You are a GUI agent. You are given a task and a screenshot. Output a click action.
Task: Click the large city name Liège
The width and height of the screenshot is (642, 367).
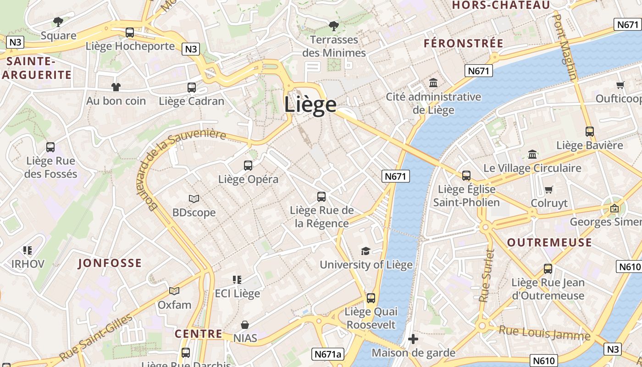click(310, 105)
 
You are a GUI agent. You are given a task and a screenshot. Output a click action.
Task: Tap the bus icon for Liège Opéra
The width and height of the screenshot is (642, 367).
click(248, 166)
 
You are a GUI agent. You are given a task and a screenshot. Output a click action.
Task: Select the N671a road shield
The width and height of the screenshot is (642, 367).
click(328, 354)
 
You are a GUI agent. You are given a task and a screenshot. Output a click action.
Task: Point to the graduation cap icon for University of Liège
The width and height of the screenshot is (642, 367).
click(365, 251)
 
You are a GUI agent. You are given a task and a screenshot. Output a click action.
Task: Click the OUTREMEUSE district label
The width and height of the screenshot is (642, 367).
click(549, 243)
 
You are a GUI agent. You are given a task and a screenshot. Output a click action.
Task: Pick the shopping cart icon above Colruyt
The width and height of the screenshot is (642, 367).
click(548, 189)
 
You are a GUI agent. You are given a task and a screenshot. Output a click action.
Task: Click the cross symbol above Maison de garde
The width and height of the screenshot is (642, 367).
click(413, 339)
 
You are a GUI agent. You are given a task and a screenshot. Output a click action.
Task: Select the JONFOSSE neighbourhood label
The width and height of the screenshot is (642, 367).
click(110, 263)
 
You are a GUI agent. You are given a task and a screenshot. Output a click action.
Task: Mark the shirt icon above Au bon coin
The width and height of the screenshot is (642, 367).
click(116, 87)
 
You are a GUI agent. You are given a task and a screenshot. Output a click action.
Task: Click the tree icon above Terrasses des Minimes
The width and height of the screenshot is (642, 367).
click(334, 26)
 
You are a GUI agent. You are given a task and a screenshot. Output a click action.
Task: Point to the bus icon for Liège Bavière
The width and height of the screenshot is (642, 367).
click(590, 132)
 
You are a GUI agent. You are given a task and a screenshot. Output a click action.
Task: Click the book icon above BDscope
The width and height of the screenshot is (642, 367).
click(194, 199)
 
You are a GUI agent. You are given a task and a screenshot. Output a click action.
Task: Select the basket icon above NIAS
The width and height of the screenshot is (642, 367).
click(245, 325)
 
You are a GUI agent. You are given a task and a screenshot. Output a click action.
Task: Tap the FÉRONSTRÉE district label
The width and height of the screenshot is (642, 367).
click(464, 44)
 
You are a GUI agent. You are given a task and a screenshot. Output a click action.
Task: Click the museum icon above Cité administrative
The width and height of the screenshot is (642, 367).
click(433, 83)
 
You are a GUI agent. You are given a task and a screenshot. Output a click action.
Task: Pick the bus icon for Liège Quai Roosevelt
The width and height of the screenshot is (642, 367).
click(371, 298)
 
